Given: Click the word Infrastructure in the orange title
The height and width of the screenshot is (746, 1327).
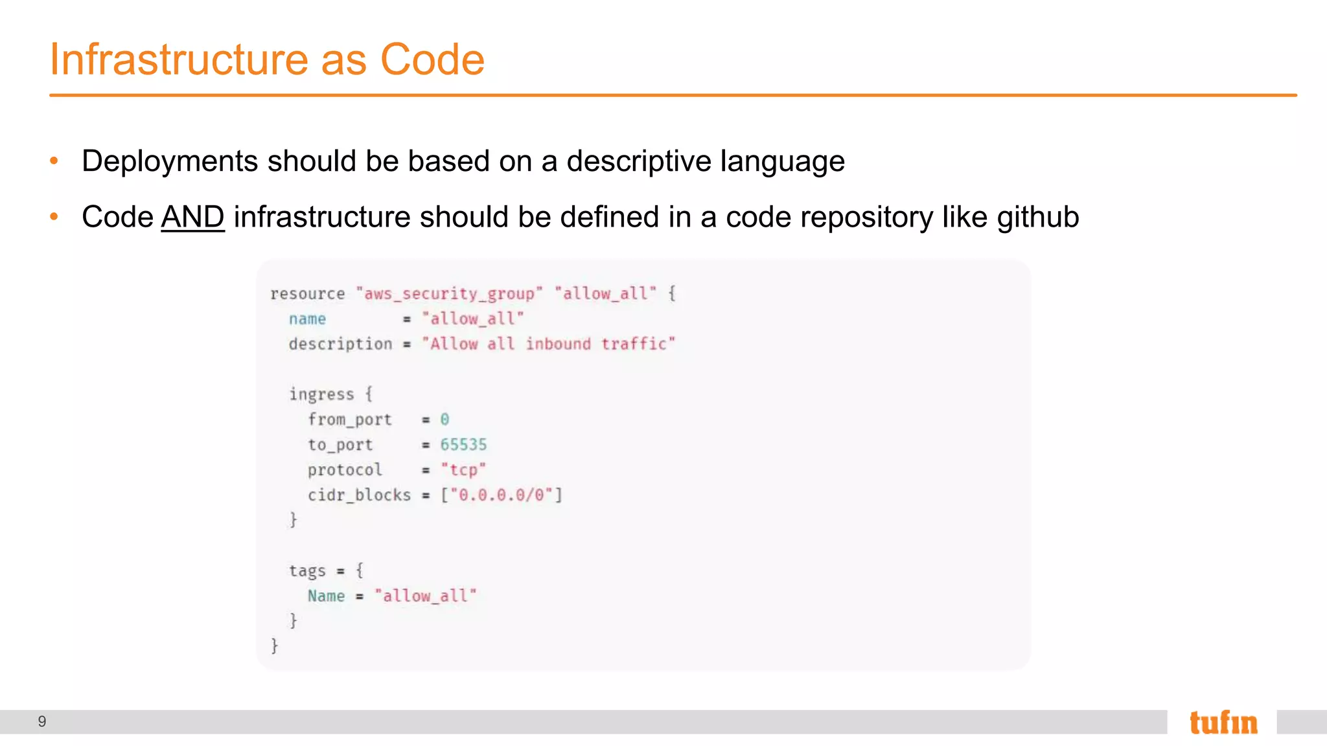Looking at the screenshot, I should click(x=179, y=60).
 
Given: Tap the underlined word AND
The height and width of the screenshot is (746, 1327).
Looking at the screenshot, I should click(x=192, y=217).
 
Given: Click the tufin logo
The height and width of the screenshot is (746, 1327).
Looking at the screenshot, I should click(x=1223, y=722).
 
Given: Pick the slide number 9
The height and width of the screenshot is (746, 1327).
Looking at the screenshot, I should click(x=42, y=721).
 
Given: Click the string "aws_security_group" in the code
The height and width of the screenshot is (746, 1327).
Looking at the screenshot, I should click(x=449, y=294).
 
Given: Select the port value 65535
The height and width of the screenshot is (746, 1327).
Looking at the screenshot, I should click(x=463, y=445).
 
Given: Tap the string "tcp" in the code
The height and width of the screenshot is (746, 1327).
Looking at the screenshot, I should click(x=463, y=470).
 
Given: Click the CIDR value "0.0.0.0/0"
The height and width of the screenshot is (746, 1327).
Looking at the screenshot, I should click(x=502, y=495).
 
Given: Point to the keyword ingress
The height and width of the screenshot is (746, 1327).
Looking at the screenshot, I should click(x=321, y=394).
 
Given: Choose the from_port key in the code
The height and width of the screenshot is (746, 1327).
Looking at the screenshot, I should click(x=350, y=420).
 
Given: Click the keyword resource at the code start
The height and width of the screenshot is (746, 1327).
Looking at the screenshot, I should click(x=307, y=294).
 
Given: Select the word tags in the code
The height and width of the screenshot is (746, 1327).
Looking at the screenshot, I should click(x=307, y=571).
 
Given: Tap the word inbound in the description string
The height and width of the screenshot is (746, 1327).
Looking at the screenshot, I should click(x=558, y=344).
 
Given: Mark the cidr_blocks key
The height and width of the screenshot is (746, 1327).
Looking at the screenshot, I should click(x=359, y=495).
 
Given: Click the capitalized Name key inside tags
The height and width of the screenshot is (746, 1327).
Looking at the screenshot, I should click(x=326, y=596).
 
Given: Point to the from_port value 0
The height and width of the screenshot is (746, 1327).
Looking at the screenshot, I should click(x=444, y=420).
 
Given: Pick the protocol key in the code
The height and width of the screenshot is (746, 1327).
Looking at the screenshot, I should click(x=345, y=470).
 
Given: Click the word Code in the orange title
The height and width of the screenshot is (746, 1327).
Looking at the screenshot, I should click(x=432, y=60).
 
